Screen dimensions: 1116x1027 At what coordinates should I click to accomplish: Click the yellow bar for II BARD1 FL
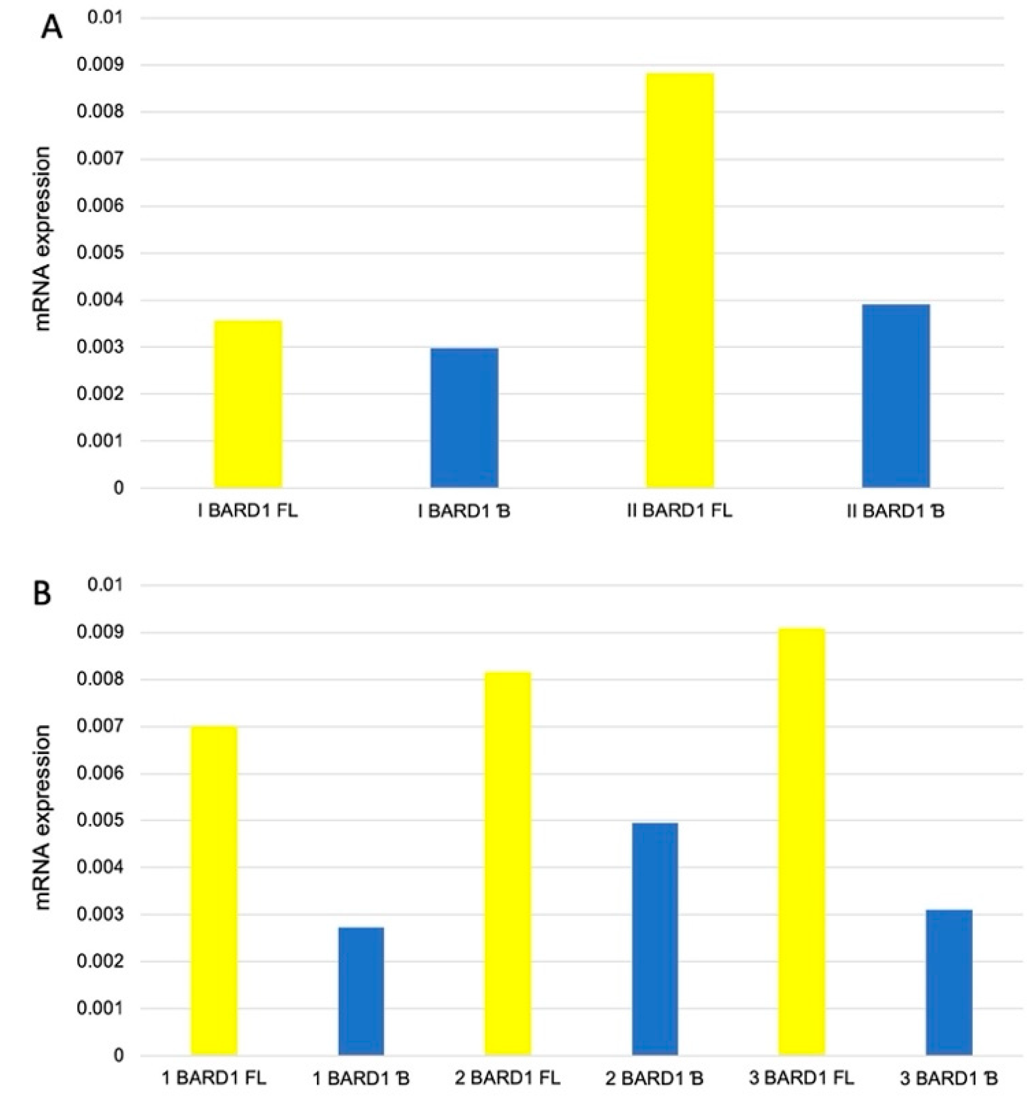pos(679,281)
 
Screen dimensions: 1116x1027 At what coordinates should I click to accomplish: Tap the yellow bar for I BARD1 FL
pos(248,404)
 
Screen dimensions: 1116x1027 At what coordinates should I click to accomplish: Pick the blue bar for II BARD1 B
pos(895,396)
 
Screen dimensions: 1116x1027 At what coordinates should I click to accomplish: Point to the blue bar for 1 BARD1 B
pos(361,991)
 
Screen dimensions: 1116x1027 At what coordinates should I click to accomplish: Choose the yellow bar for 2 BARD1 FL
pos(507,864)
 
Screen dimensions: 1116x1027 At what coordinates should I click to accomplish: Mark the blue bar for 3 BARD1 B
pos(949,983)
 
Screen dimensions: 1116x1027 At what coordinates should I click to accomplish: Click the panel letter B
pos(43,593)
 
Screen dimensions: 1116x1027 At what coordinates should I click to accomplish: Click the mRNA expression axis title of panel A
pos(42,239)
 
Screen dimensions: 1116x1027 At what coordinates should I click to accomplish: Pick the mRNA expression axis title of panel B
pos(42,818)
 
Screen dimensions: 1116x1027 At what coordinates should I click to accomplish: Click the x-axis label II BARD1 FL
pos(679,511)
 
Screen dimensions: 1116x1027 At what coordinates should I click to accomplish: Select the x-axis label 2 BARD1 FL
pos(507,1078)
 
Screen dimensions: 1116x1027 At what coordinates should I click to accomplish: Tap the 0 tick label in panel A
pos(119,488)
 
